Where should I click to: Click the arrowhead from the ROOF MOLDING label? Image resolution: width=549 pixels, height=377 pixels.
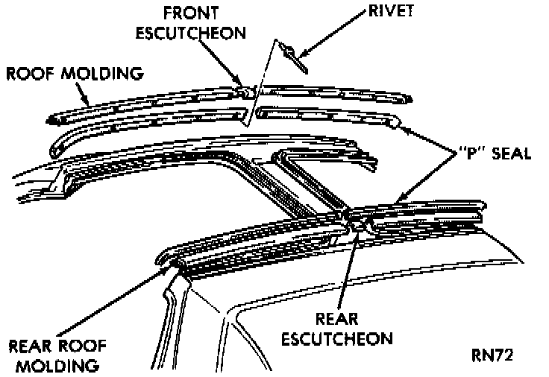pos(87,104)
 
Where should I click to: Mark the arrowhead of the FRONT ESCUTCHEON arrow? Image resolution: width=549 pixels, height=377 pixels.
pos(239,84)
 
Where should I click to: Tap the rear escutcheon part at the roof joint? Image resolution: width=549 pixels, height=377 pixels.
pos(357,218)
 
